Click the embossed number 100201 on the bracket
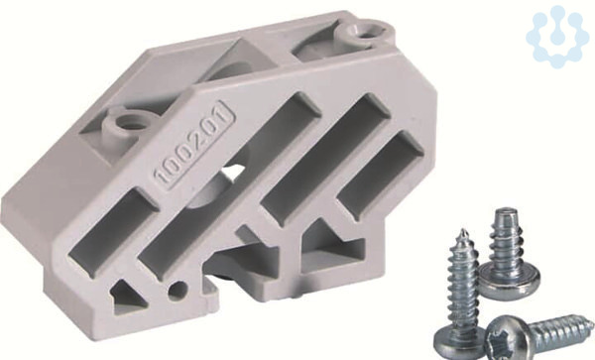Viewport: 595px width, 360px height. pyautogui.click(x=194, y=147)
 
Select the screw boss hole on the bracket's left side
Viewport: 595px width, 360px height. pyautogui.click(x=127, y=122)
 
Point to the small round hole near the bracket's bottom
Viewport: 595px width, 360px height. pyautogui.click(x=178, y=290)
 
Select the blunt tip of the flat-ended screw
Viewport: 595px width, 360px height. pyautogui.click(x=505, y=210)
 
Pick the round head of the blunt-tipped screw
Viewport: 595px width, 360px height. pyautogui.click(x=509, y=279)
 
